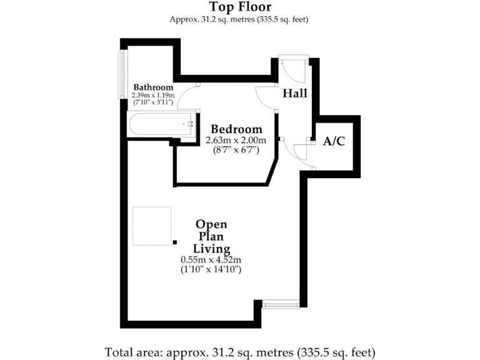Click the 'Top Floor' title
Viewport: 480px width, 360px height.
pos(239,7)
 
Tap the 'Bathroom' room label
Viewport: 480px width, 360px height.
pos(153,87)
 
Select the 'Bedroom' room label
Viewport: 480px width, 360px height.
pos(236,129)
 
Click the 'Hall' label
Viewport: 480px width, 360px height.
pos(295,93)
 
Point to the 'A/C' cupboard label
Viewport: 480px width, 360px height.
pos(334,141)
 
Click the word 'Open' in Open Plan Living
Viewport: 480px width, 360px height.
pos(211,224)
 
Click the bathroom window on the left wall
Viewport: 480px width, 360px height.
pos(123,74)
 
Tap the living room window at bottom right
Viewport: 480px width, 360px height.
pos(281,304)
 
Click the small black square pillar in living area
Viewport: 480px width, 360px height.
pos(175,241)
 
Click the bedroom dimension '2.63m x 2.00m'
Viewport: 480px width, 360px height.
pos(236,140)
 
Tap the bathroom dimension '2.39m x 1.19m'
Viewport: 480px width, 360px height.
pos(153,95)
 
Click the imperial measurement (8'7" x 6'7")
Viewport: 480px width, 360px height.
pos(236,150)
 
